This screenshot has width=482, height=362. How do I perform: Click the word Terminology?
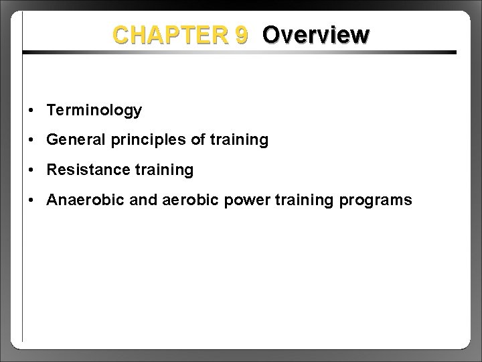tap(94, 110)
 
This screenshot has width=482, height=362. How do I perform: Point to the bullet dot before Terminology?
tap(32, 111)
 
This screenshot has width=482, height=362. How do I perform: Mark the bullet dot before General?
tap(32, 141)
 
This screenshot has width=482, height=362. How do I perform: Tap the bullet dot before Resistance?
tap(32, 171)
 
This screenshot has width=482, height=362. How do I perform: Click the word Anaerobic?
tap(82, 200)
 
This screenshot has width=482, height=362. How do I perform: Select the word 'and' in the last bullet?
tap(138, 200)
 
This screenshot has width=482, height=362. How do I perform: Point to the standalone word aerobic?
tap(189, 200)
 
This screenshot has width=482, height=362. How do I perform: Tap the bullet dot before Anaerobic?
tap(32, 201)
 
